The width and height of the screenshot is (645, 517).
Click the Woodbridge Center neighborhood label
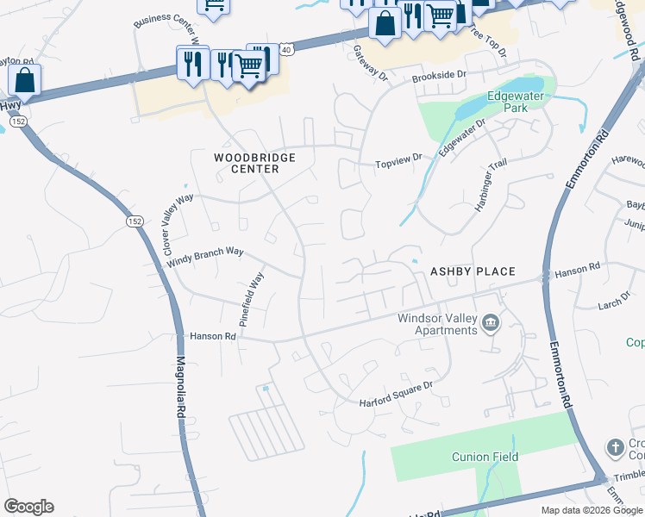[255, 163]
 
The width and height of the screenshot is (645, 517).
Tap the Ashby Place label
[473, 271]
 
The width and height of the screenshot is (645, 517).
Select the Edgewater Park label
[516, 102]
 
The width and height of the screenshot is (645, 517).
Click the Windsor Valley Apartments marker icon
[491, 324]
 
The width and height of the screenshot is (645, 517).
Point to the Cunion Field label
[485, 457]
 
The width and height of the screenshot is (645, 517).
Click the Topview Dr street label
[399, 159]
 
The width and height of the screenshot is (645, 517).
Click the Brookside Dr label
[439, 76]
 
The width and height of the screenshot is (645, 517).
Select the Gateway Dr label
[372, 63]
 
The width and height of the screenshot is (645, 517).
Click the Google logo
[28, 507]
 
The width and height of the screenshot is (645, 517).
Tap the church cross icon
[614, 447]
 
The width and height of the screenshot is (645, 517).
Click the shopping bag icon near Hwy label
[25, 81]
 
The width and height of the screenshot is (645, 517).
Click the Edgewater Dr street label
[462, 138]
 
